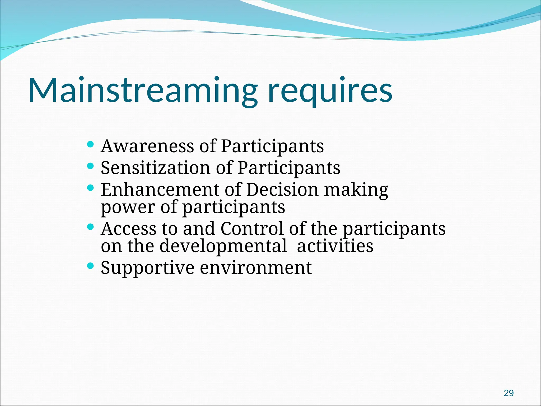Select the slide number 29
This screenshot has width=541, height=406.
509,393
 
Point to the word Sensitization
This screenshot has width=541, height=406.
156,168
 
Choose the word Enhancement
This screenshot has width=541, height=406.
160,190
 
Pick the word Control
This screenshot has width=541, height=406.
252,229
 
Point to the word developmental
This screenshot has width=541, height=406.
223,246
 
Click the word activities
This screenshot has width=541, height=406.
335,246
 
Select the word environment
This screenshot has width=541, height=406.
256,268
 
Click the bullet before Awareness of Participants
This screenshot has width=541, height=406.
90,144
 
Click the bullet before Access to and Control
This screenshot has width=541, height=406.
90,227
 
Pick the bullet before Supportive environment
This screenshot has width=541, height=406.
90,266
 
